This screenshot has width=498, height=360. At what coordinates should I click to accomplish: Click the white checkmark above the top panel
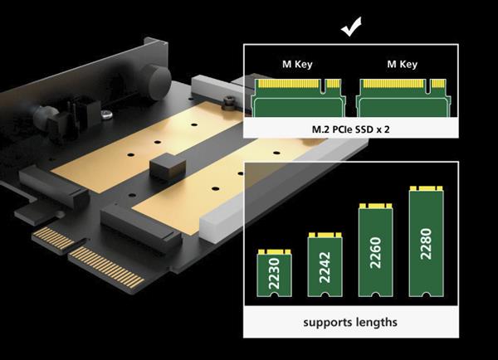click(351, 27)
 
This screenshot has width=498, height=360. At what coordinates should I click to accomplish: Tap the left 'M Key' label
click(297, 65)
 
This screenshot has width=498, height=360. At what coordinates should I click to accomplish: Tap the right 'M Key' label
click(402, 65)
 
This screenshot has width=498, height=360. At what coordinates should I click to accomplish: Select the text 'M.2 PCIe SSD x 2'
click(350, 129)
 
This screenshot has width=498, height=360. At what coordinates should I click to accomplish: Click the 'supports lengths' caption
click(350, 322)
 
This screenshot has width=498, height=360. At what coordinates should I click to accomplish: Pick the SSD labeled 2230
click(275, 273)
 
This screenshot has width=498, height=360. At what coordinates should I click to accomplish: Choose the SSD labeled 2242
click(325, 265)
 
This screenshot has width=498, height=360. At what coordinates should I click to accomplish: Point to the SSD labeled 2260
click(376, 251)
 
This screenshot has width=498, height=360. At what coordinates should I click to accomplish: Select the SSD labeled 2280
click(427, 241)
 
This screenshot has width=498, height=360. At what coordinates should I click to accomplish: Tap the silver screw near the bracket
click(107, 114)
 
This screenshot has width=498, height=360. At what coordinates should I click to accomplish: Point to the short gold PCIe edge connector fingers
click(53, 238)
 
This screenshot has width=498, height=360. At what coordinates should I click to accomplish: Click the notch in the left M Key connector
click(324, 86)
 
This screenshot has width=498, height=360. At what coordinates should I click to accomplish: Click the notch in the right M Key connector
click(428, 86)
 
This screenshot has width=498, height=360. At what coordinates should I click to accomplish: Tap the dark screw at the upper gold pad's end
click(229, 103)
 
